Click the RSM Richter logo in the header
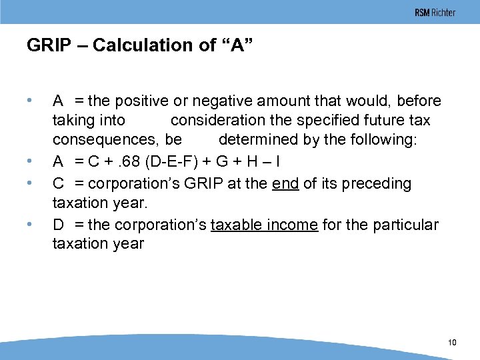(x=435, y=13)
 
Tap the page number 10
(x=452, y=343)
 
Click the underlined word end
(x=285, y=183)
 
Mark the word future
(x=390, y=121)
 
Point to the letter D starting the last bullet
(x=58, y=225)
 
